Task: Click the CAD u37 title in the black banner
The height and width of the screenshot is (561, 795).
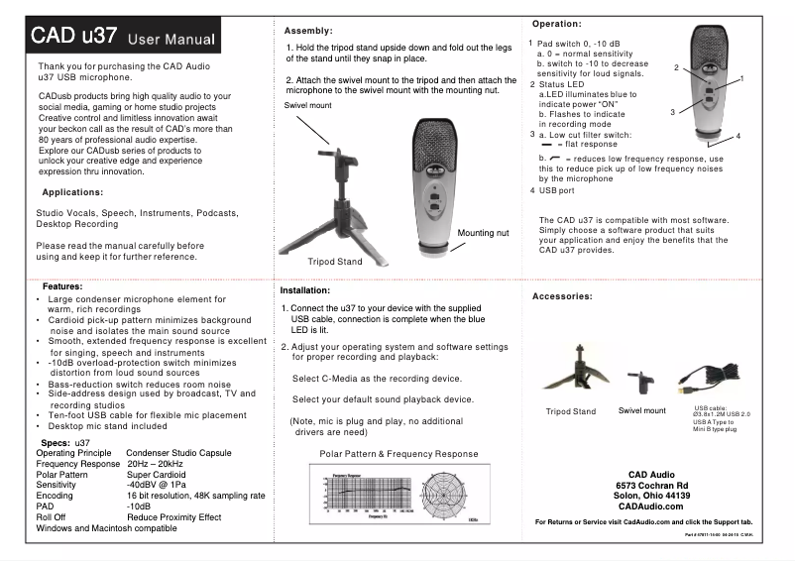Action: [73, 38]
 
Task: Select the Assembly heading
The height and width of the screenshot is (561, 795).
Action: [308, 31]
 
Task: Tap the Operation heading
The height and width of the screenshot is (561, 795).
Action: [556, 23]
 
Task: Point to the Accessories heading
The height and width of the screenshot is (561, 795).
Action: [563, 296]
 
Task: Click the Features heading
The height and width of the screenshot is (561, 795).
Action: [62, 285]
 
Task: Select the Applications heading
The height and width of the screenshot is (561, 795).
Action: [74, 191]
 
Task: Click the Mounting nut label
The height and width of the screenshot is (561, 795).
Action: [483, 233]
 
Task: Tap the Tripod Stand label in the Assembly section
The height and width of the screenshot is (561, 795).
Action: [335, 263]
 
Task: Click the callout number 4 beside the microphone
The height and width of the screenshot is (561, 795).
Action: [738, 135]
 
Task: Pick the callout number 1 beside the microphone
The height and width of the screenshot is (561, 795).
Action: [741, 76]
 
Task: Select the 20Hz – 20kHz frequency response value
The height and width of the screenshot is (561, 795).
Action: [156, 463]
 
